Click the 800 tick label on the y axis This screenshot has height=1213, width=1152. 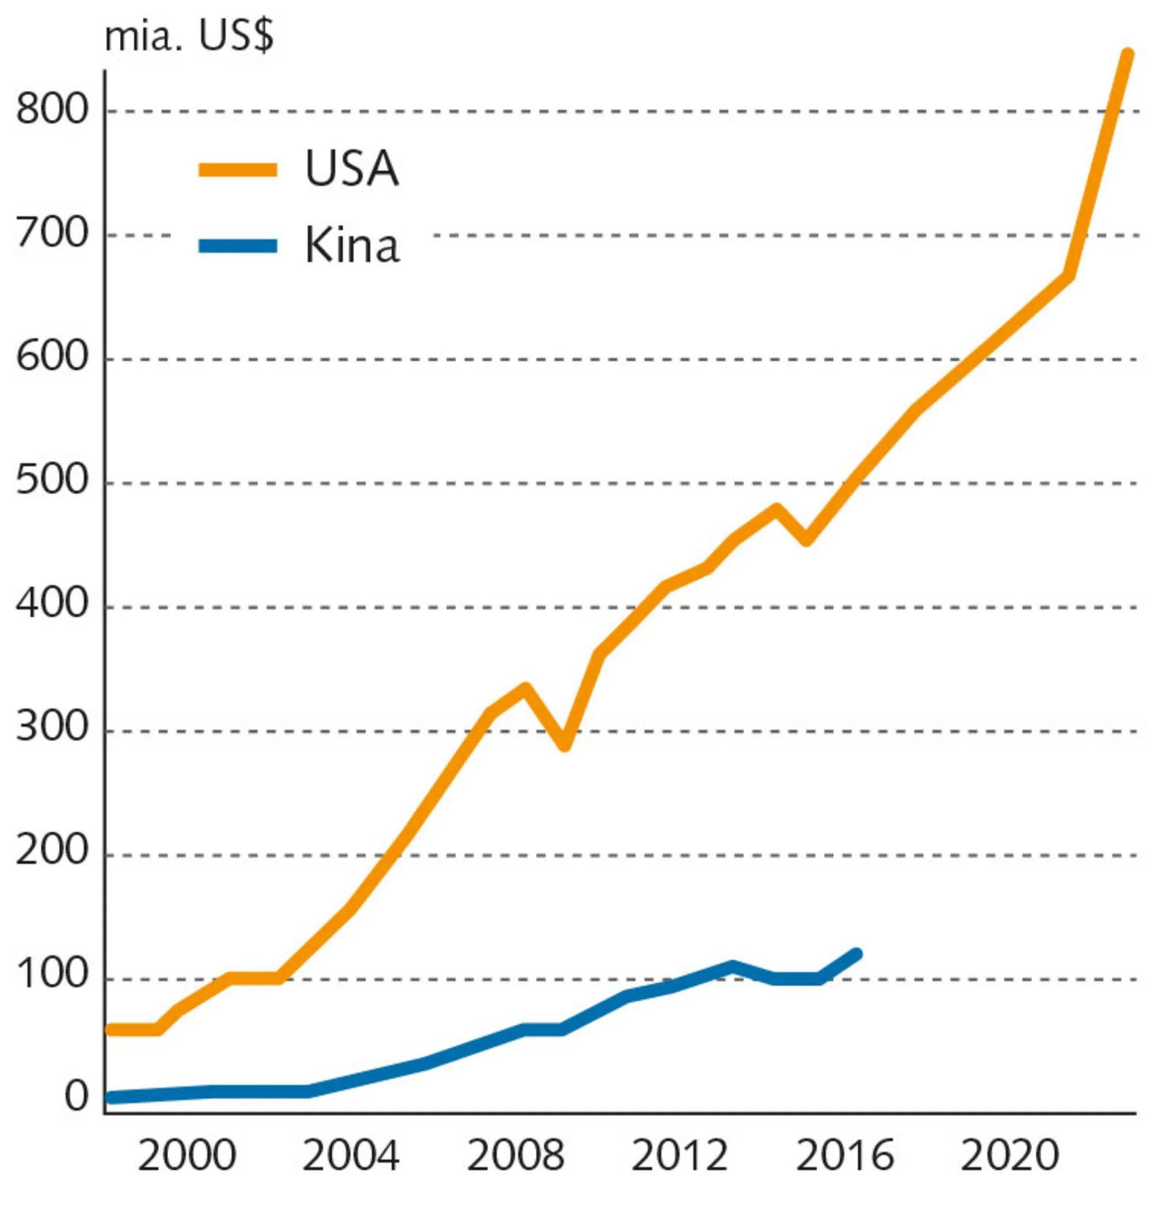(x=52, y=111)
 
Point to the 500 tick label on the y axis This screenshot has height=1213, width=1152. (x=52, y=482)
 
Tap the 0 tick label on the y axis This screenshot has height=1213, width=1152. (x=76, y=1097)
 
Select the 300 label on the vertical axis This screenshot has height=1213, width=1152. (x=52, y=729)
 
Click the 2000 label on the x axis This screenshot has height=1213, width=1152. (x=187, y=1157)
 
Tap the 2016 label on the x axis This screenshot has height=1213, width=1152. (x=844, y=1157)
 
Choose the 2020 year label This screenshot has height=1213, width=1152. (x=1010, y=1157)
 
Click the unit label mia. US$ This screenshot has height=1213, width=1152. (x=188, y=38)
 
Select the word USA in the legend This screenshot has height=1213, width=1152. (x=351, y=169)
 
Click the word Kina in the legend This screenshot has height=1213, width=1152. (x=351, y=246)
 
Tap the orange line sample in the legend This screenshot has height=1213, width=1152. (x=238, y=170)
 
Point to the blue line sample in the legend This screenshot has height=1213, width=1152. (x=238, y=247)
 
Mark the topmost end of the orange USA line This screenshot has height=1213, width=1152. (x=1127, y=54)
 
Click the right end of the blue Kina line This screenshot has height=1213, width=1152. (x=857, y=954)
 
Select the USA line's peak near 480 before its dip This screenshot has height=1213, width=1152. (x=776, y=509)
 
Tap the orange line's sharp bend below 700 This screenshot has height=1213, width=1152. (x=1069, y=275)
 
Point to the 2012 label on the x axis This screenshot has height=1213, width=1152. (x=680, y=1157)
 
